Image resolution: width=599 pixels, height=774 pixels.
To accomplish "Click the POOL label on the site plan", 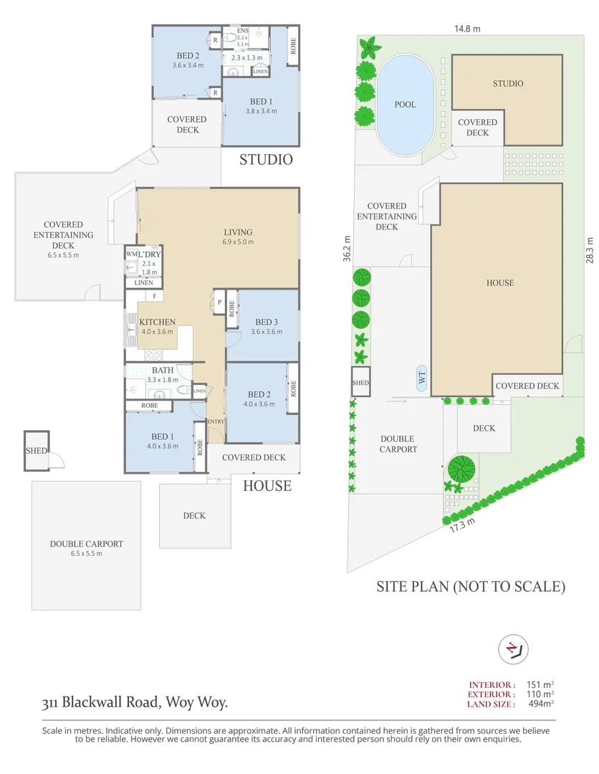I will tap(405, 105).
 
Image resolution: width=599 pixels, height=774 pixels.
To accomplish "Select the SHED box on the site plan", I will tap(360, 383).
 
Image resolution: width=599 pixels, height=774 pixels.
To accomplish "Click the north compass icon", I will tap(512, 649).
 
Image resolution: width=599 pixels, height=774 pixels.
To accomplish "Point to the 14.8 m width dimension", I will tap(466, 29).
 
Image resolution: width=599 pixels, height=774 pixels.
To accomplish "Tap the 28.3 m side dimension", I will tap(590, 249).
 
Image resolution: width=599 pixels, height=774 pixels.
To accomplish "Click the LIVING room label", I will tap(238, 232).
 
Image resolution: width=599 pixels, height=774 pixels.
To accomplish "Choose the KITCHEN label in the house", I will tap(157, 322).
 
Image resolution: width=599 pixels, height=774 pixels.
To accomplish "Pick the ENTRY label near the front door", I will tap(216, 421).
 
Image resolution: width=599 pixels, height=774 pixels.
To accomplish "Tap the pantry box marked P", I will tap(219, 302).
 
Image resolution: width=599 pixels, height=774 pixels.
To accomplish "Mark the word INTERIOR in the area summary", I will tap(492, 684).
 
